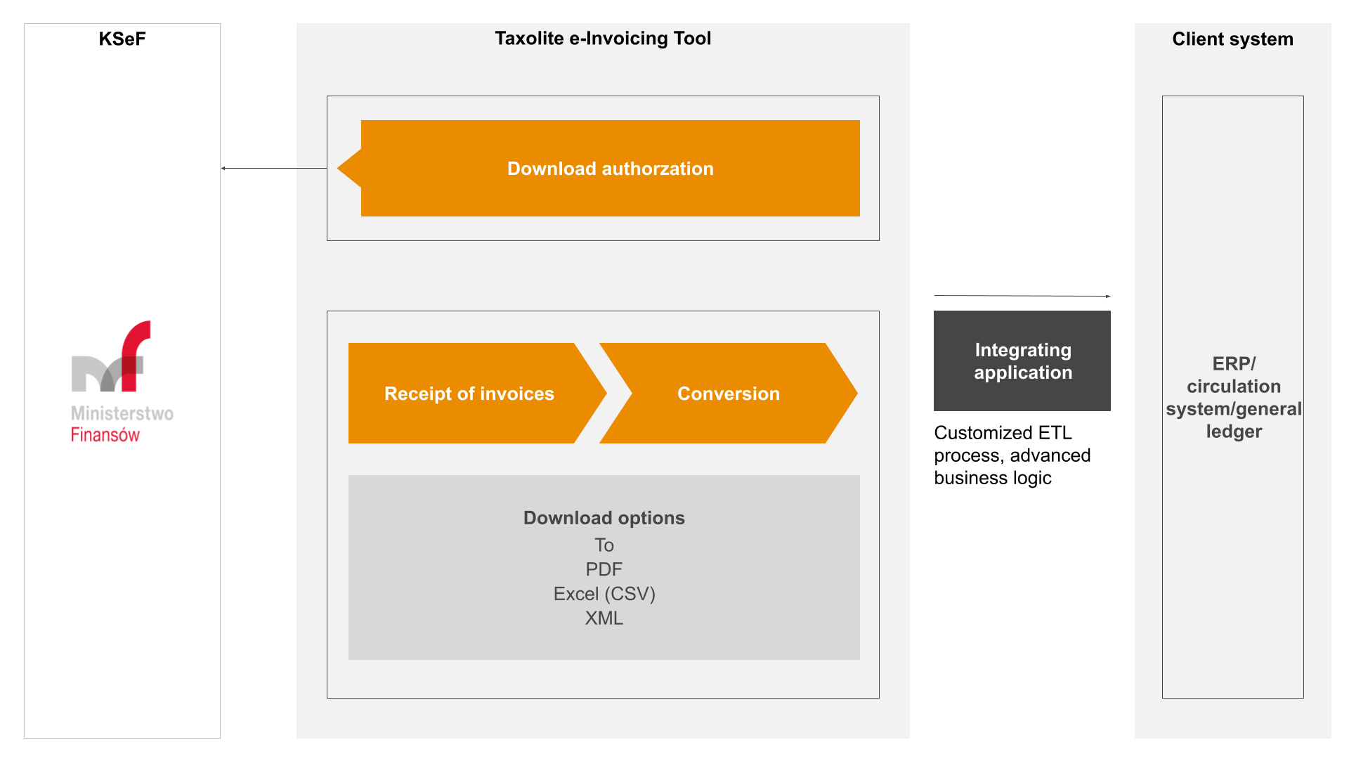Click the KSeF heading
(x=122, y=39)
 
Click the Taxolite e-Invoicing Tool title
(x=603, y=39)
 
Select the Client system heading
(x=1232, y=39)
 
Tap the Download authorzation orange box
(x=610, y=169)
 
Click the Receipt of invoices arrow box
(x=469, y=394)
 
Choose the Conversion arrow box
(x=728, y=394)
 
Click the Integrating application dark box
(x=1022, y=361)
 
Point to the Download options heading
(x=604, y=518)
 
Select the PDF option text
(x=604, y=569)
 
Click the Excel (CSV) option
(x=604, y=594)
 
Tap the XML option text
(x=604, y=618)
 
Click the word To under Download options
(x=604, y=545)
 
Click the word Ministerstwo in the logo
(x=122, y=413)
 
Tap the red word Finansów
(x=105, y=435)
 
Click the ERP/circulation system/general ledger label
(x=1233, y=398)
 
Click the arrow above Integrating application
(x=1022, y=296)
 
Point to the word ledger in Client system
(x=1234, y=432)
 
